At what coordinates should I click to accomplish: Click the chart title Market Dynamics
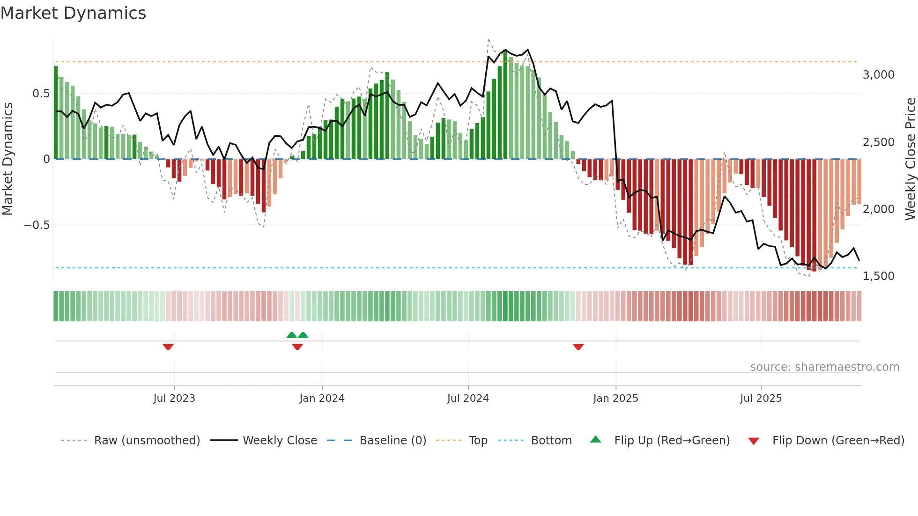click(73, 13)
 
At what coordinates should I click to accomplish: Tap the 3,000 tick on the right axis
click(878, 75)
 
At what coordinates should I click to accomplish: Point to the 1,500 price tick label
click(878, 276)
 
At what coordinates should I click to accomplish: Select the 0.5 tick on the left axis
click(41, 94)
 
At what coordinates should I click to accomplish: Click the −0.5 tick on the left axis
click(37, 225)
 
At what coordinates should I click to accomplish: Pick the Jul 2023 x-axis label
click(174, 398)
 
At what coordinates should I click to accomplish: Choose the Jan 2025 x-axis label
click(615, 398)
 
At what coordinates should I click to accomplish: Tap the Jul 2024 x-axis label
click(468, 398)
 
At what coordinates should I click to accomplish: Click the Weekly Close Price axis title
click(910, 159)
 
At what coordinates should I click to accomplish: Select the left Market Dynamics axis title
click(7, 159)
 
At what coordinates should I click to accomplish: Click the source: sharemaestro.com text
click(824, 367)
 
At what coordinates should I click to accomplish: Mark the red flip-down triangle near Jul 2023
click(168, 347)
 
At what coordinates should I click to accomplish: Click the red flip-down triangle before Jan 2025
click(578, 347)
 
